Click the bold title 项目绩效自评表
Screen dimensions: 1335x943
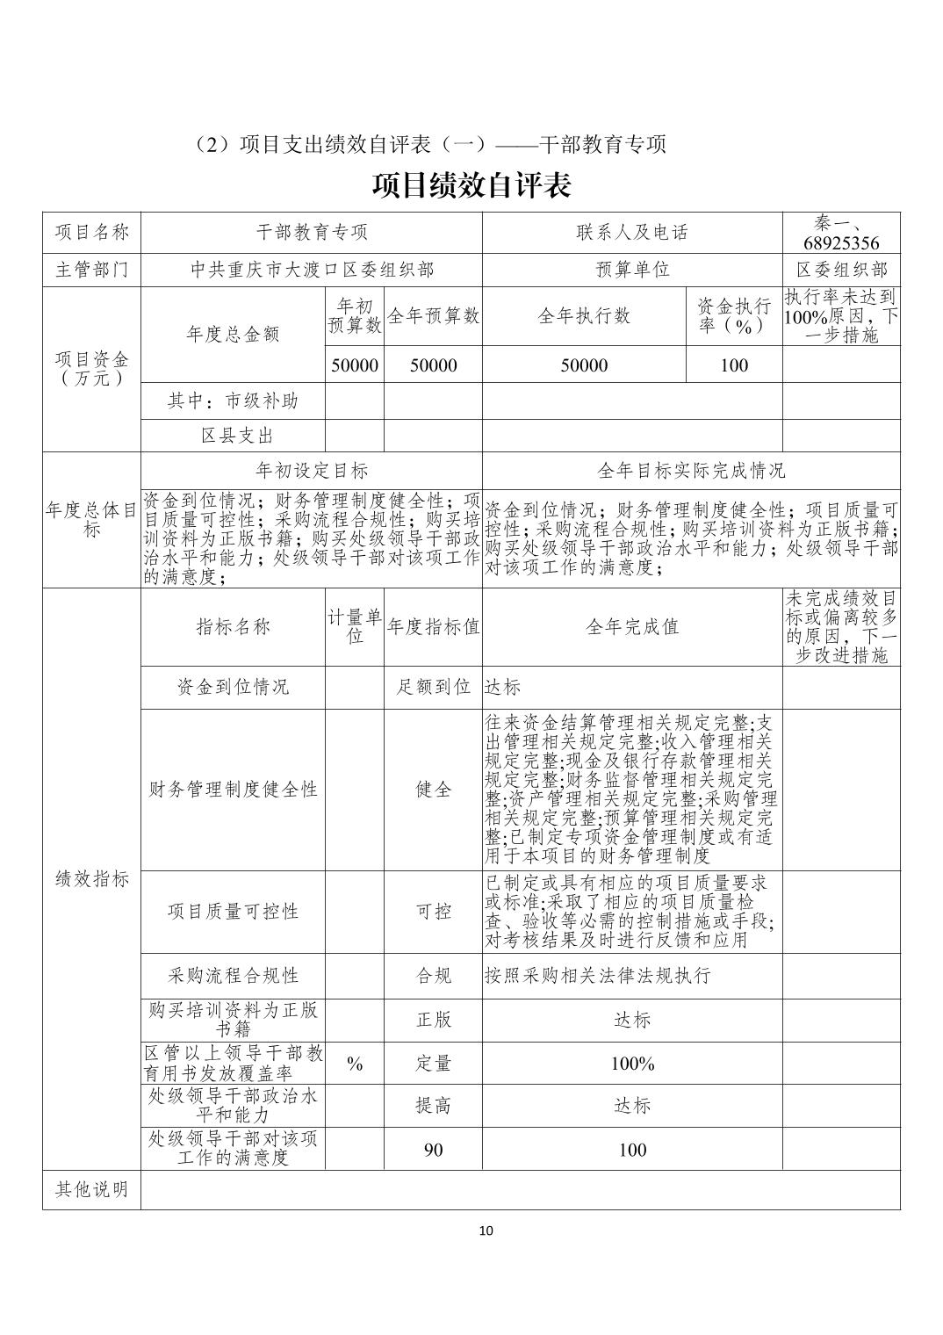point(471,186)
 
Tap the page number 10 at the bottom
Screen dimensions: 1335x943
point(486,1230)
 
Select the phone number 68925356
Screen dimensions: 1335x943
point(840,243)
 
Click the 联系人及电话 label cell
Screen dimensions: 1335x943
point(631,233)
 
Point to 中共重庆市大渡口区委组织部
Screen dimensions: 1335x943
point(312,270)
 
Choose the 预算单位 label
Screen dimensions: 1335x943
point(631,270)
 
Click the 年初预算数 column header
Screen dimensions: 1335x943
point(355,315)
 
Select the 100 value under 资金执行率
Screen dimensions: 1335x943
point(733,365)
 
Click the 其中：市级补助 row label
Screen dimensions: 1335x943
point(233,400)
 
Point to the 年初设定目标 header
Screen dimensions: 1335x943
point(312,471)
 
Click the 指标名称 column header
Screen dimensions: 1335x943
point(233,627)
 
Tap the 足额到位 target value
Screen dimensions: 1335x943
point(433,687)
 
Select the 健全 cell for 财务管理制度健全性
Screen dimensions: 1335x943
point(433,790)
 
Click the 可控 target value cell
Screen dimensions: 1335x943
point(433,912)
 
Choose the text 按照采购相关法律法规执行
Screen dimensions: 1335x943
point(597,975)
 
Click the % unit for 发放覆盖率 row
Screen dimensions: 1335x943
point(355,1064)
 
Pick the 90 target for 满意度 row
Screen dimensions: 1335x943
point(433,1149)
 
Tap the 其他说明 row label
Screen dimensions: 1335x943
point(91,1189)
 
